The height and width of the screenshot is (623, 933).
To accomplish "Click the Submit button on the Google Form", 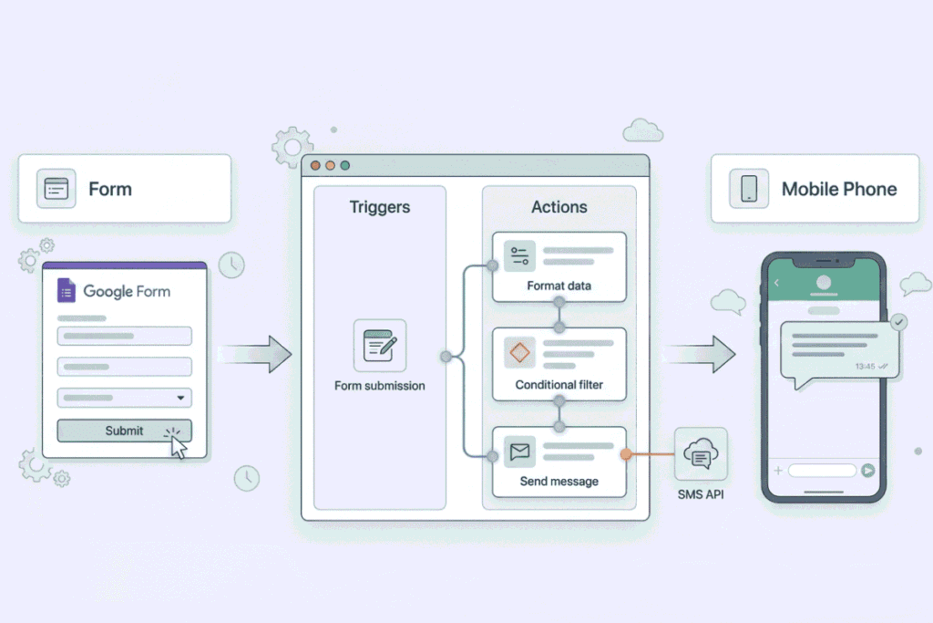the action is click(x=124, y=431).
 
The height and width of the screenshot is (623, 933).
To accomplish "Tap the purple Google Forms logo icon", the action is click(x=66, y=291).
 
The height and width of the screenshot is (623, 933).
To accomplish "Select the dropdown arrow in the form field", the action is click(x=180, y=398).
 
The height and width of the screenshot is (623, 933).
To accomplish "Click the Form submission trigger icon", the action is click(x=380, y=346).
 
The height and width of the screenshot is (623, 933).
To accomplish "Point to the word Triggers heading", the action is click(x=380, y=207).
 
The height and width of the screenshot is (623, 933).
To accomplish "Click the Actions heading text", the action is click(x=559, y=207).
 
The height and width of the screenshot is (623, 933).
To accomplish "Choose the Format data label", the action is click(x=559, y=286).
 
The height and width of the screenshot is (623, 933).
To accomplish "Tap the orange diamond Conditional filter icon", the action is click(x=519, y=353).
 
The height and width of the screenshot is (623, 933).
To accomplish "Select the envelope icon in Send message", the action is click(x=519, y=452).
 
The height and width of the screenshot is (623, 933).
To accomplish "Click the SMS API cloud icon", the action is click(x=701, y=454).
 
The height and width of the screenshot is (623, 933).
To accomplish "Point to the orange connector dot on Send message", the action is click(x=625, y=454).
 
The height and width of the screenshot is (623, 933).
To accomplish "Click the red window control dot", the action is click(x=315, y=166).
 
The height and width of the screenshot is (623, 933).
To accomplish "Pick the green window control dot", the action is click(x=345, y=166).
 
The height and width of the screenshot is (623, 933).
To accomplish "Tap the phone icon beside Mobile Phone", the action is click(x=749, y=189).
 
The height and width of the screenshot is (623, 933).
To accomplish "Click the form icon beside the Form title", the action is click(x=56, y=189).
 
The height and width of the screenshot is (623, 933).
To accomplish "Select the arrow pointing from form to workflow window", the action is click(x=255, y=355).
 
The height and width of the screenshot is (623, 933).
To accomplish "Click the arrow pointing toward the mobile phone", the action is click(x=700, y=355).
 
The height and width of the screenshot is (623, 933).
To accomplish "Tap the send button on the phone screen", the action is click(x=868, y=471).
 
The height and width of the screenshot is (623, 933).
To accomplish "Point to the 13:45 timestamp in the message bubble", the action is click(x=866, y=367).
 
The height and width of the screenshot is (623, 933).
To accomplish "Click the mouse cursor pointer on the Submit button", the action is click(x=178, y=446).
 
